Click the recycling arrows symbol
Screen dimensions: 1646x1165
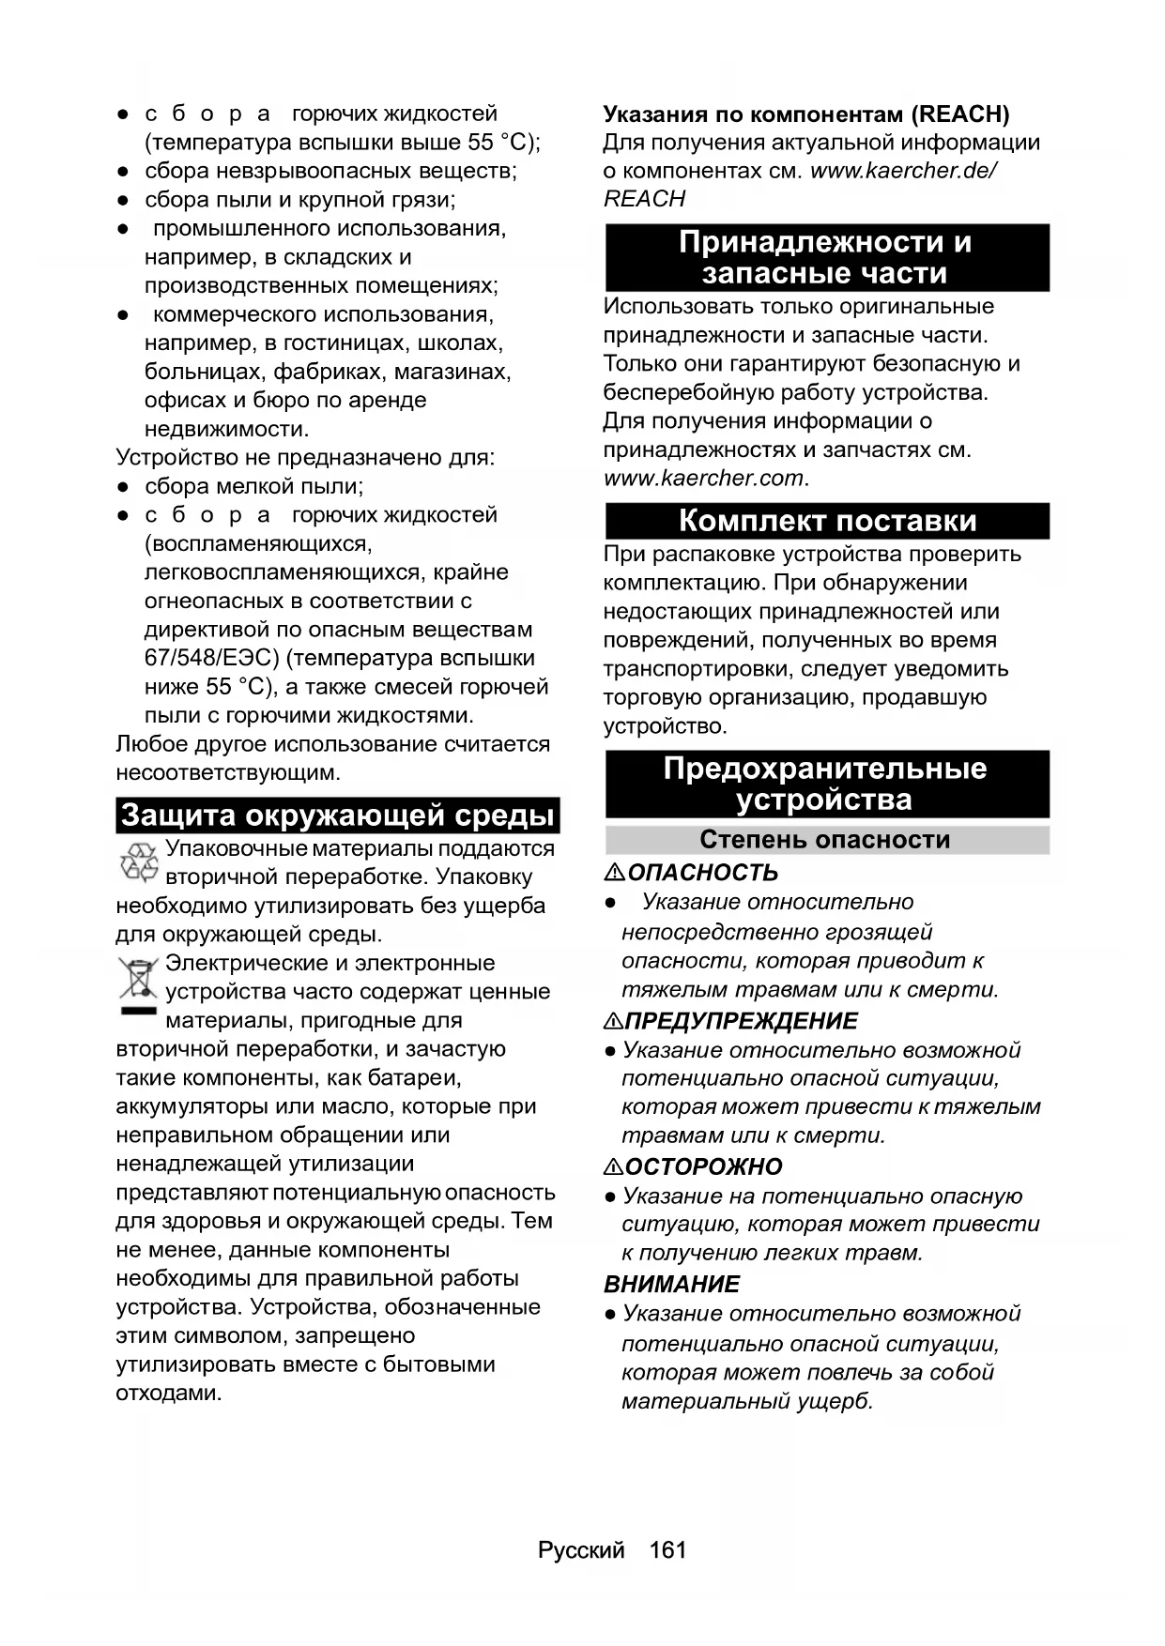pyautogui.click(x=139, y=861)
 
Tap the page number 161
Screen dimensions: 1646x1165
pyautogui.click(x=667, y=1549)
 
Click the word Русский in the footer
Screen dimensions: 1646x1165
pyautogui.click(x=581, y=1549)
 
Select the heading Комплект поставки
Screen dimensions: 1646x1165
pyautogui.click(x=827, y=521)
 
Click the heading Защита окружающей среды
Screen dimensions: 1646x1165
pyautogui.click(x=338, y=815)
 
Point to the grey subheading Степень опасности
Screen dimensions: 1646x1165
pyautogui.click(x=825, y=839)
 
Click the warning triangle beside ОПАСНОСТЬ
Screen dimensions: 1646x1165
pyautogui.click(x=615, y=873)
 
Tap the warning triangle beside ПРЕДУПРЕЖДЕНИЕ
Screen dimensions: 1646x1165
pyautogui.click(x=614, y=1021)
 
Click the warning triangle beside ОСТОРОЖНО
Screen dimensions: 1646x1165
pyautogui.click(x=614, y=1166)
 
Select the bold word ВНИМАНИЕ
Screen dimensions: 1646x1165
pyautogui.click(x=672, y=1284)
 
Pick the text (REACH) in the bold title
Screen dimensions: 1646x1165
pyautogui.click(x=959, y=114)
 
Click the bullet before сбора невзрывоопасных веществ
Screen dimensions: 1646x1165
pyautogui.click(x=123, y=172)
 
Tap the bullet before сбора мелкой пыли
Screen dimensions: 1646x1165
pyautogui.click(x=123, y=487)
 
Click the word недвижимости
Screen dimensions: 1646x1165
pyautogui.click(x=225, y=430)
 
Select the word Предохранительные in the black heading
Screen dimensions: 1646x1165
pyautogui.click(x=825, y=769)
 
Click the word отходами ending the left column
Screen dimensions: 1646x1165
pyautogui.click(x=169, y=1393)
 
